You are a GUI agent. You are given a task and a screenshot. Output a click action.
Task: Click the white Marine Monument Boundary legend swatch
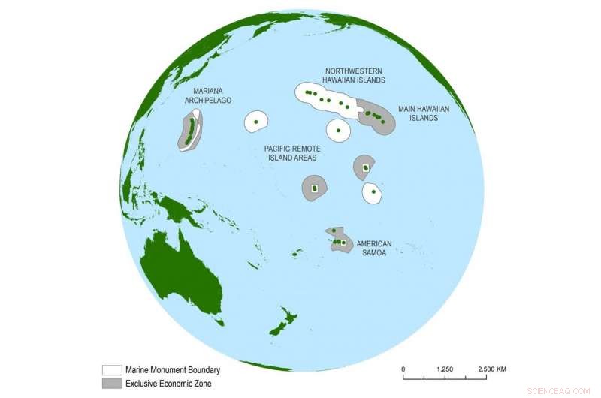point(111,370)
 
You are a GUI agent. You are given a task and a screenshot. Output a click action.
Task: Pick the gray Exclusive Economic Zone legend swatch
point(111,384)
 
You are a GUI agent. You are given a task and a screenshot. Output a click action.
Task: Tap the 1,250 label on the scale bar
point(444,369)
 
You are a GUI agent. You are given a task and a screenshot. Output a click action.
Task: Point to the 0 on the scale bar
point(403,369)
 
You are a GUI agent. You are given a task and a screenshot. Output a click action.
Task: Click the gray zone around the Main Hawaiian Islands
point(387,126)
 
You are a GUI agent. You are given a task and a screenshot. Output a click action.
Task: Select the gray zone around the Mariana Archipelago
point(183,143)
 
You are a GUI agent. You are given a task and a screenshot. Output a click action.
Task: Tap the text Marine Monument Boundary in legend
point(172,370)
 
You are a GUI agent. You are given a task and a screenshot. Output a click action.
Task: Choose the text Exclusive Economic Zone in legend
point(168,384)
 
